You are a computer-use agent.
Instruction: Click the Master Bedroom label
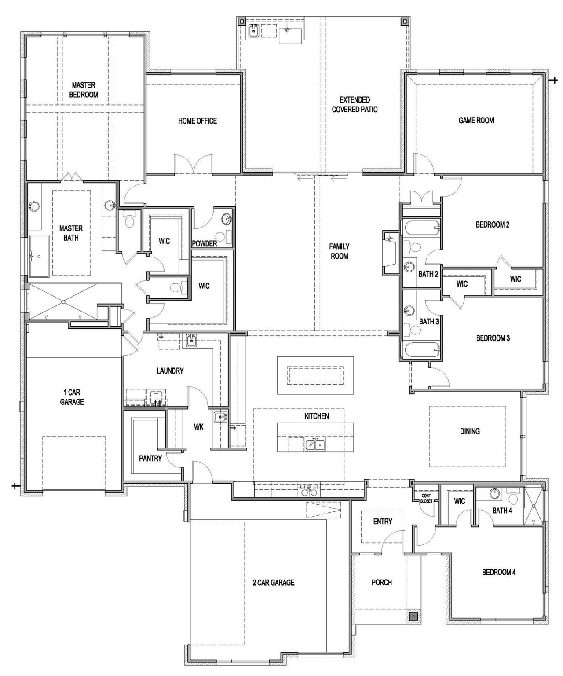point(84,90)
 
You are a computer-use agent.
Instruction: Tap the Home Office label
point(197,121)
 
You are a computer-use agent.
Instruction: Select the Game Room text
point(476,120)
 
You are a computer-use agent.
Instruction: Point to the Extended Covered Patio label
point(355,105)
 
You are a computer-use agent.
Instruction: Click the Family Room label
point(339,251)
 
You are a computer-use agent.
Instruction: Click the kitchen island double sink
point(315,445)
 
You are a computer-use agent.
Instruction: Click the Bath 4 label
point(502,511)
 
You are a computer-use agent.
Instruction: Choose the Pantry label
point(150,458)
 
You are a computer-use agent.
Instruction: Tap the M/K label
point(198,426)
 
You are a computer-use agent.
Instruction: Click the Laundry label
point(170,371)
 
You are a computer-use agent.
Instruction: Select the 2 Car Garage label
point(273,582)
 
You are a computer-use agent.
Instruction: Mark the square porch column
point(413,617)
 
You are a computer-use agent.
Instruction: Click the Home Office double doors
point(194,165)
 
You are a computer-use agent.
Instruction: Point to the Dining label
point(470,431)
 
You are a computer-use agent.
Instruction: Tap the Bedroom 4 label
point(499,572)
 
